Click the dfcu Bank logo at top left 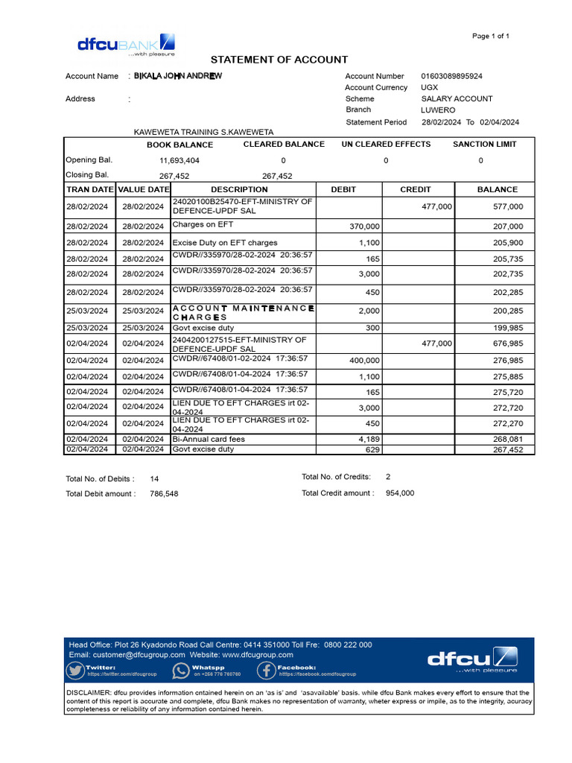coord(126,45)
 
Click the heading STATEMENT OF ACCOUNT coord(279,60)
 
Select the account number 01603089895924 coord(451,76)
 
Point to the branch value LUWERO coord(438,110)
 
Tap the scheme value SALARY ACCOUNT coord(457,98)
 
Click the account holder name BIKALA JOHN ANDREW coord(177,76)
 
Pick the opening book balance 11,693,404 coord(179,160)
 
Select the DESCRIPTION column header coord(239,189)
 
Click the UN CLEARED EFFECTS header coord(386,144)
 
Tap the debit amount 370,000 coord(364,226)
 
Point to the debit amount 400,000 coord(364,360)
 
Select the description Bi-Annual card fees coord(209,439)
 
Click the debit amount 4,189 coord(369,439)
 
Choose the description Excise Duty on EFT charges coord(225,242)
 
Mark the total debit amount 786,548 coord(164,493)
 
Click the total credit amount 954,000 coord(400,493)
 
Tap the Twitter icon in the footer coord(75,671)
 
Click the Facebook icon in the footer coord(267,671)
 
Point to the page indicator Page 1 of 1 coord(491,36)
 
